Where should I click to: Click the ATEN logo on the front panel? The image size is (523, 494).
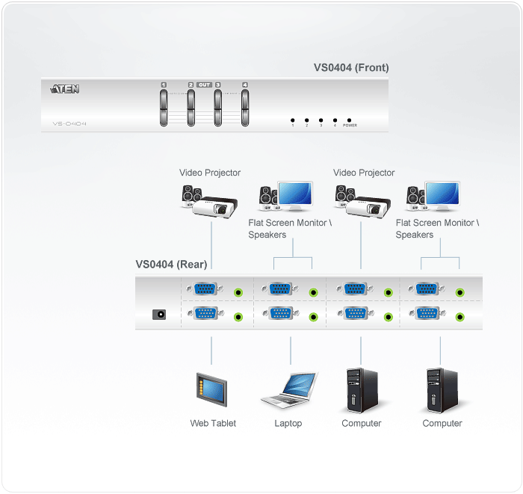[66, 90]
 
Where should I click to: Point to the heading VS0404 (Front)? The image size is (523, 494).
[351, 68]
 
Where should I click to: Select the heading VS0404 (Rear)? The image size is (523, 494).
[171, 264]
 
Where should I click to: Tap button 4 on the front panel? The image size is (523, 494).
[245, 106]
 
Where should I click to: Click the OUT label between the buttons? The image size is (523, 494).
[204, 85]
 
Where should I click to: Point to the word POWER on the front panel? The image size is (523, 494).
[350, 126]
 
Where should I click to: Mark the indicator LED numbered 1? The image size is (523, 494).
[292, 120]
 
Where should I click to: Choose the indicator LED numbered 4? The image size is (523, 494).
[334, 120]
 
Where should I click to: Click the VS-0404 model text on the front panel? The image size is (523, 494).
[69, 123]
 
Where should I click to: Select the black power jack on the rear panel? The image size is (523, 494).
[158, 315]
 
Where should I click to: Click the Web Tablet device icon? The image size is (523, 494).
[211, 390]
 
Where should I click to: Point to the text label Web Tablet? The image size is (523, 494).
[213, 424]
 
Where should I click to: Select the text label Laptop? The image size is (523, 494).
[288, 424]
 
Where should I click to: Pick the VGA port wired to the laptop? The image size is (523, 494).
[279, 315]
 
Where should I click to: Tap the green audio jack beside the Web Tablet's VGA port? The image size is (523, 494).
[238, 315]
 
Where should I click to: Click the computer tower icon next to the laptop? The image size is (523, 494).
[360, 389]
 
